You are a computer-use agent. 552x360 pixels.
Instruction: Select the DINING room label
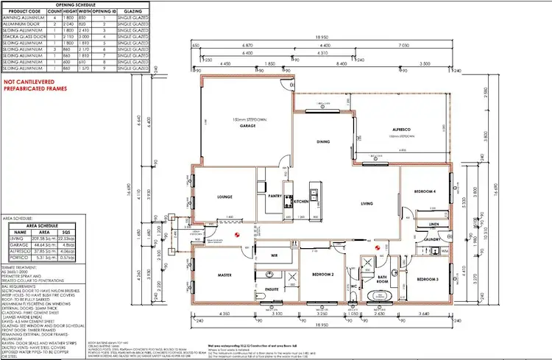tap(322, 141)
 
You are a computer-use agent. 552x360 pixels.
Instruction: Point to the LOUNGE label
tap(224, 197)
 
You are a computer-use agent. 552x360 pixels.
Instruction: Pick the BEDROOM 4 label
tap(425, 191)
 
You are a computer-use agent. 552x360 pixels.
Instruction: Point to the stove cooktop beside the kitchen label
tap(314, 197)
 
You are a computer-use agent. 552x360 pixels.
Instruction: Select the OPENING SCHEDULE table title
tap(76, 4)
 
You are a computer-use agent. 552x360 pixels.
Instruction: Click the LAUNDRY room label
tap(431, 239)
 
